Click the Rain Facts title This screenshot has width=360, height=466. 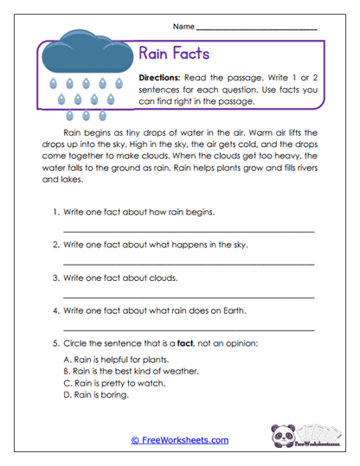tap(174, 54)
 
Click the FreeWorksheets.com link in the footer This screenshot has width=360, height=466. tap(180, 440)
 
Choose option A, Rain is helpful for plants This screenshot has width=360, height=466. tap(117, 360)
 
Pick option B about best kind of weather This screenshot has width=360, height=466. tap(132, 371)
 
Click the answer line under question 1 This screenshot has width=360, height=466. tap(190, 231)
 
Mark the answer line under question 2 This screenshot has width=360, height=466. tap(190, 264)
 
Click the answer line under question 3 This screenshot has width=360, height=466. tap(190, 297)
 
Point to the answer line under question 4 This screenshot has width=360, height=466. tap(190, 329)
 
